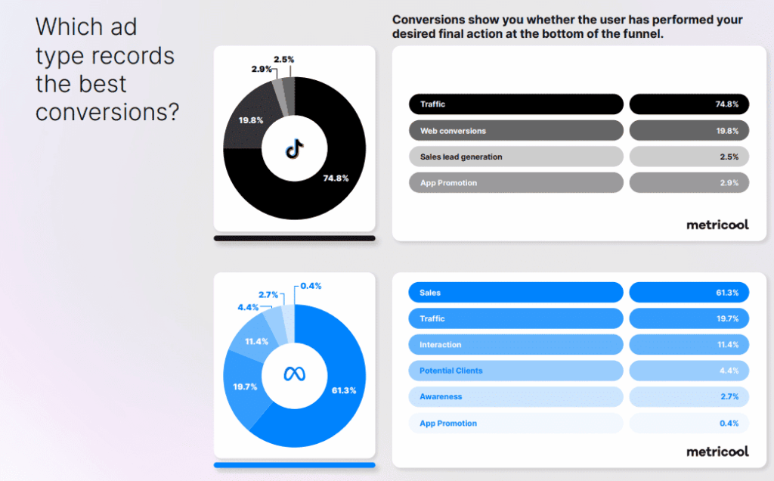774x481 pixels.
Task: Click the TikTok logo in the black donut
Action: click(295, 148)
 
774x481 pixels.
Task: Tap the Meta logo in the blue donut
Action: click(295, 374)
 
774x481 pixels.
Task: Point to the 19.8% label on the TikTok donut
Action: click(251, 120)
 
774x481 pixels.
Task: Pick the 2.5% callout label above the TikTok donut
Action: click(284, 59)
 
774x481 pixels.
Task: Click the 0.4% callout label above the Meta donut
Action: click(311, 286)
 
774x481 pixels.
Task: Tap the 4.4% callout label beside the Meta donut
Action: click(248, 307)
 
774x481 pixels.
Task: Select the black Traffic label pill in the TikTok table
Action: click(515, 104)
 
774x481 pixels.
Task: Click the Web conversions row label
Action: click(454, 131)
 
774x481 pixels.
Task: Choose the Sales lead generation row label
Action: click(461, 157)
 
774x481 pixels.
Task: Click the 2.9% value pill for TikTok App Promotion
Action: click(689, 183)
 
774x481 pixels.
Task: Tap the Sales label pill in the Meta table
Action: click(515, 293)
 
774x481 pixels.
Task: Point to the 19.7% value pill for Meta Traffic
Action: click(689, 318)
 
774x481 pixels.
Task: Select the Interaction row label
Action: click(441, 345)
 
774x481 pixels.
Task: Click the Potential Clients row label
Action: click(451, 371)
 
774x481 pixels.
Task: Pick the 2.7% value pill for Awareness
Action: click(689, 396)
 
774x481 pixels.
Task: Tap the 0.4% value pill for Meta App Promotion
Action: click(689, 424)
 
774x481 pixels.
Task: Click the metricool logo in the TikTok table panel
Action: click(718, 225)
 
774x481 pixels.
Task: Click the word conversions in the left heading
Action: click(107, 112)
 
